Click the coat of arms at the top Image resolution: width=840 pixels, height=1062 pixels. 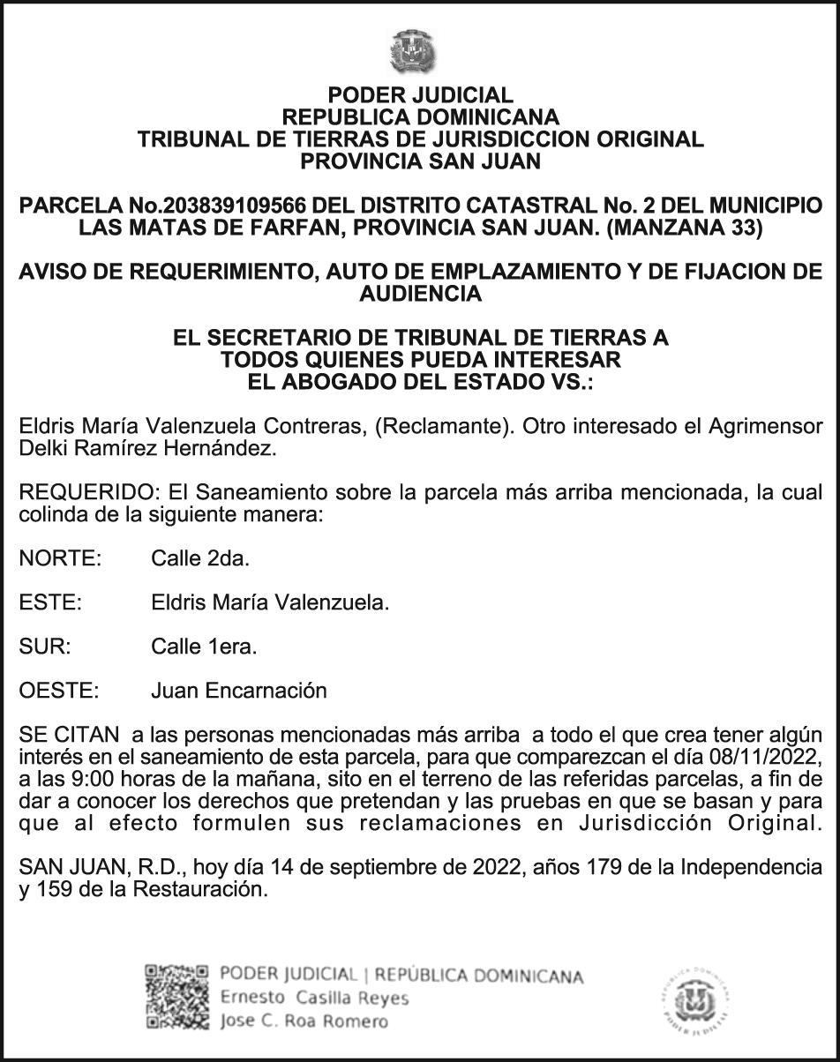point(413,52)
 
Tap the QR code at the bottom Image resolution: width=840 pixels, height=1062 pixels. point(177,998)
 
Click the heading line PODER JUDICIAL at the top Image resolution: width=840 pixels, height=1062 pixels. point(420,95)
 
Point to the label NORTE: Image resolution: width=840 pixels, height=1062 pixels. point(60,558)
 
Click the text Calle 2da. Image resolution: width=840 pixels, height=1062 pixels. point(200,558)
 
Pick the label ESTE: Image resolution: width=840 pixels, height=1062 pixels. point(50,602)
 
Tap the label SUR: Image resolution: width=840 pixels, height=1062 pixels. point(44,647)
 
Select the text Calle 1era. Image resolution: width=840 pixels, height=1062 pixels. point(204,647)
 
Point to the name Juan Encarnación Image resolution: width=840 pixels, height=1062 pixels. point(238,691)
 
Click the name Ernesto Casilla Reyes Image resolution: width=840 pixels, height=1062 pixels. point(314,998)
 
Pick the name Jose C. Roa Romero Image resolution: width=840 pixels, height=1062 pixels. point(304,1021)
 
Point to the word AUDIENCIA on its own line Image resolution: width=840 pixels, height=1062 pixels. point(420,294)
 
